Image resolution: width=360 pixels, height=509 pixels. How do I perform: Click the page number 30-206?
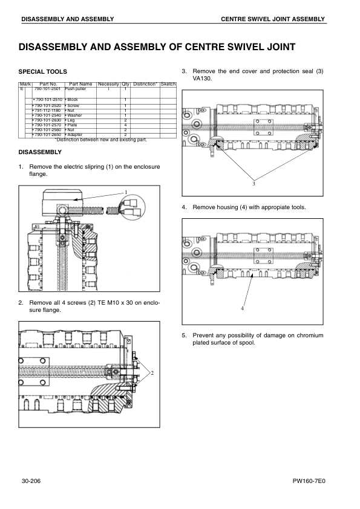click(31, 481)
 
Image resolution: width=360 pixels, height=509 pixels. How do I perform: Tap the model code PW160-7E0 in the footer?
click(309, 481)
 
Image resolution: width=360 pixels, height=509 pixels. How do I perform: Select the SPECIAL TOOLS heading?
click(42, 72)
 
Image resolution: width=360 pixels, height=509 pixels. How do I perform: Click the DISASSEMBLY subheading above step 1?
click(40, 152)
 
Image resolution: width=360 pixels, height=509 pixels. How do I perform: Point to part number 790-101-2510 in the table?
click(48, 100)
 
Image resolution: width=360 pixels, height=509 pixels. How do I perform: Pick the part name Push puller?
click(76, 89)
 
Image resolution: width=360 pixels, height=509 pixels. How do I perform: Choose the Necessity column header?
click(108, 84)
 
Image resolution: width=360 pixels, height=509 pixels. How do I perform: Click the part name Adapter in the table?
click(74, 135)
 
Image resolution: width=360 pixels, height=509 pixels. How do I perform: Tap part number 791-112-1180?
click(47, 111)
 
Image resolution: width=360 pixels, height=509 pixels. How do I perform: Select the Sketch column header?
click(168, 84)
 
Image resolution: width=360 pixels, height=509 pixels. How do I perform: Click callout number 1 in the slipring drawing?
click(126, 192)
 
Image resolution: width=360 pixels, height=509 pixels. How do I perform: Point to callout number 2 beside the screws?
click(152, 373)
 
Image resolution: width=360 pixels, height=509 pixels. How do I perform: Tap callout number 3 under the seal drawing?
click(254, 184)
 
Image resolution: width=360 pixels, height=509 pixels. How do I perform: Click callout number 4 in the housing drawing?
click(242, 308)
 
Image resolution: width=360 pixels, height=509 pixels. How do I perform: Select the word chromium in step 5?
click(310, 336)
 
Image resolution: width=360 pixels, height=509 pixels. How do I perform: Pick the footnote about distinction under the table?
click(101, 140)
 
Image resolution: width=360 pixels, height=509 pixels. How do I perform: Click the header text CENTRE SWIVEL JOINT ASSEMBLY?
click(273, 19)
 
